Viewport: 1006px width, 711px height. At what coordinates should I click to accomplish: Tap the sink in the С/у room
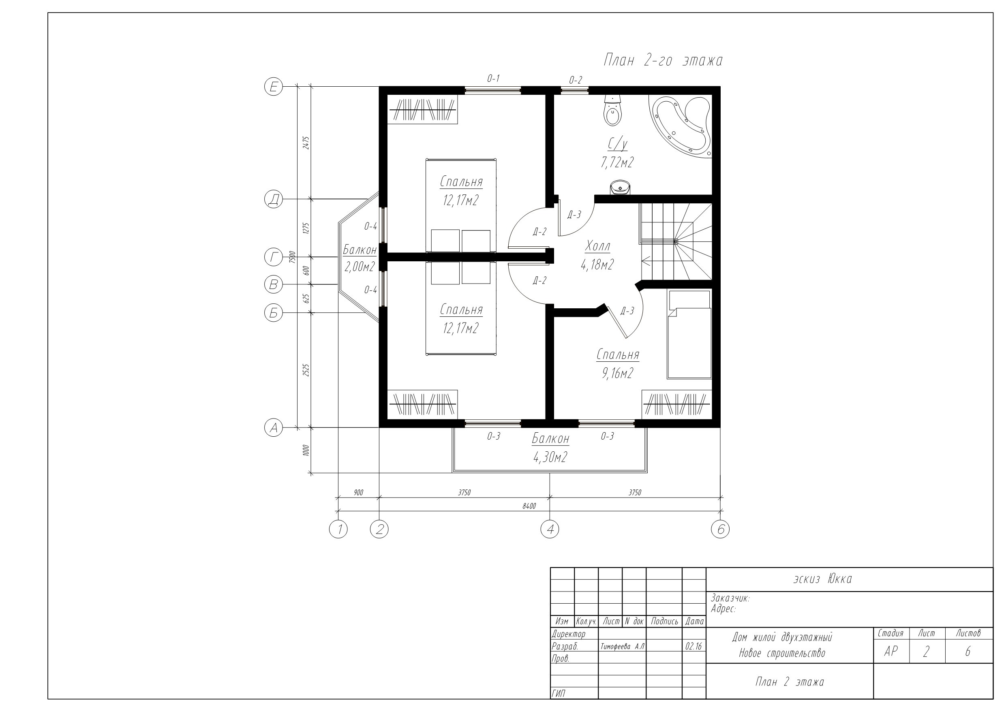(x=620, y=187)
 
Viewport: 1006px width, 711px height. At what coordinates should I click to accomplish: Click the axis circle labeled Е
(x=274, y=87)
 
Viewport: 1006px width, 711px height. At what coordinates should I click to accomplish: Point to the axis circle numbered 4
(x=550, y=529)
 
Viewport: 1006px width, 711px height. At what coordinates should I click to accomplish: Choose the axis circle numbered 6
(x=720, y=529)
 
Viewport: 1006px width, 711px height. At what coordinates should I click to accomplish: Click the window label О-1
(x=493, y=79)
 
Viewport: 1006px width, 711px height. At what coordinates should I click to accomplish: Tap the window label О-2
(x=575, y=80)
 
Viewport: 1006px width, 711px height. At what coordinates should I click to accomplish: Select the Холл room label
(x=597, y=247)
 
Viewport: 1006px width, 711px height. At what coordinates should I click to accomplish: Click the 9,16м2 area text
(x=618, y=373)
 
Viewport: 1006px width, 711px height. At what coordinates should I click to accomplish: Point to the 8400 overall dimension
(x=529, y=506)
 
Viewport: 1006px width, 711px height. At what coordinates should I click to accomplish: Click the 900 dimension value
(x=358, y=492)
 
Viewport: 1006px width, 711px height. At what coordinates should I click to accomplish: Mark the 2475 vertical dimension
(x=306, y=143)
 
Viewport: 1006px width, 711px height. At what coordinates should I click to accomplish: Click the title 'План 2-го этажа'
(x=663, y=60)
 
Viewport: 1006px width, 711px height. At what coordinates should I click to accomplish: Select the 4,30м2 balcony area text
(x=550, y=457)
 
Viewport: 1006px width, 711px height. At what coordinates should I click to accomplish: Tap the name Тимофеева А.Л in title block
(x=622, y=647)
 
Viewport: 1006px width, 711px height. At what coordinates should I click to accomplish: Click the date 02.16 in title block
(x=694, y=647)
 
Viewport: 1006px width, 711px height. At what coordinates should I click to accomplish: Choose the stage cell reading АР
(x=891, y=651)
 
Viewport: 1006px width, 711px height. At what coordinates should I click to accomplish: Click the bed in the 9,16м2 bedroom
(x=689, y=334)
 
